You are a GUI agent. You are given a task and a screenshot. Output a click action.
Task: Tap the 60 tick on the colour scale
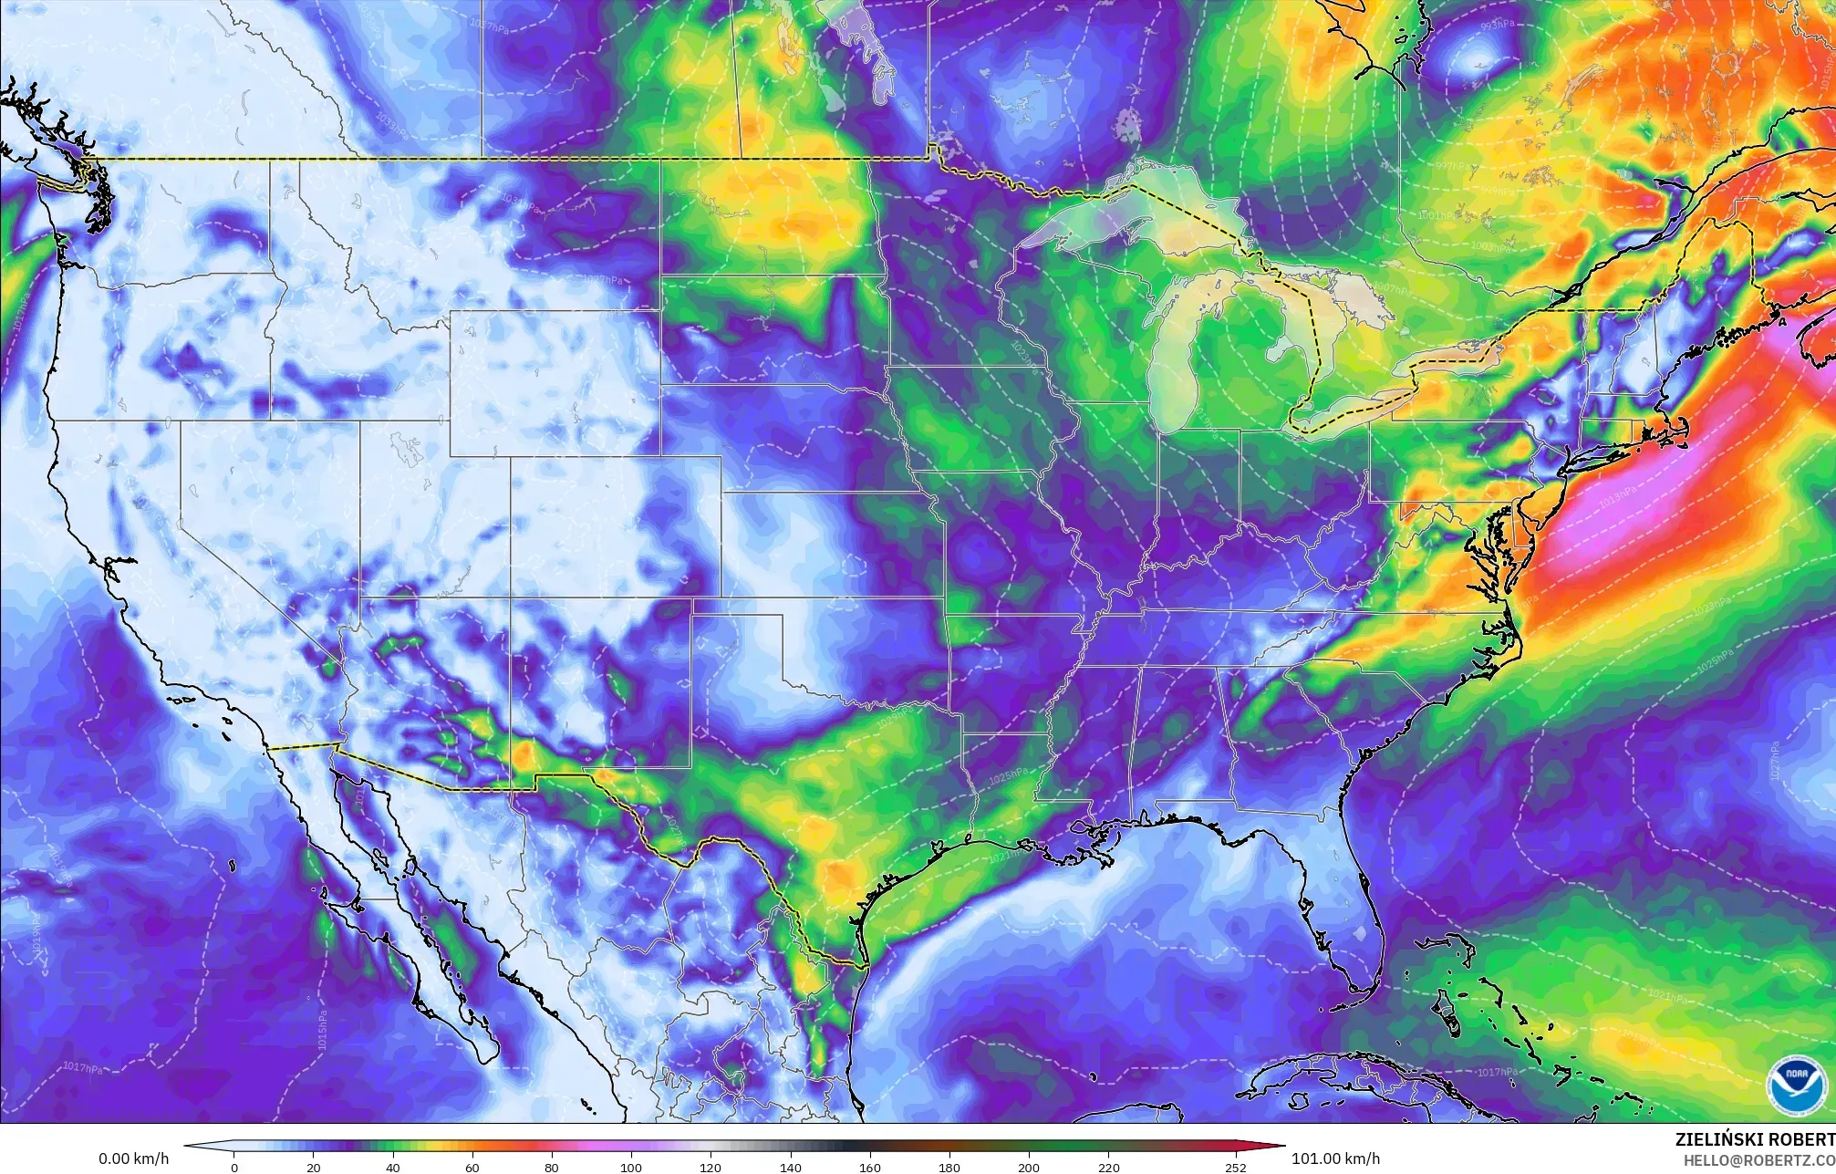coord(472,1168)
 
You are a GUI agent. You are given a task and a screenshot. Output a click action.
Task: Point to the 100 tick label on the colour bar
coord(631,1168)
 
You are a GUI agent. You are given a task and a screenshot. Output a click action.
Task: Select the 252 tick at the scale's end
coord(1236,1168)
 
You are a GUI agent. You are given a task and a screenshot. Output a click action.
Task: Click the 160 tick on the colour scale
coord(870,1168)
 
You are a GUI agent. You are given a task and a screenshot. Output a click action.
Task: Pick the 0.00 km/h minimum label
coord(133,1158)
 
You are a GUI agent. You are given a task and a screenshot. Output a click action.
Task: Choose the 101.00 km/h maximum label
coord(1335,1158)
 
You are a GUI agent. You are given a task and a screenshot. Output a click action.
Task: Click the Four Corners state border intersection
coord(510,598)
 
